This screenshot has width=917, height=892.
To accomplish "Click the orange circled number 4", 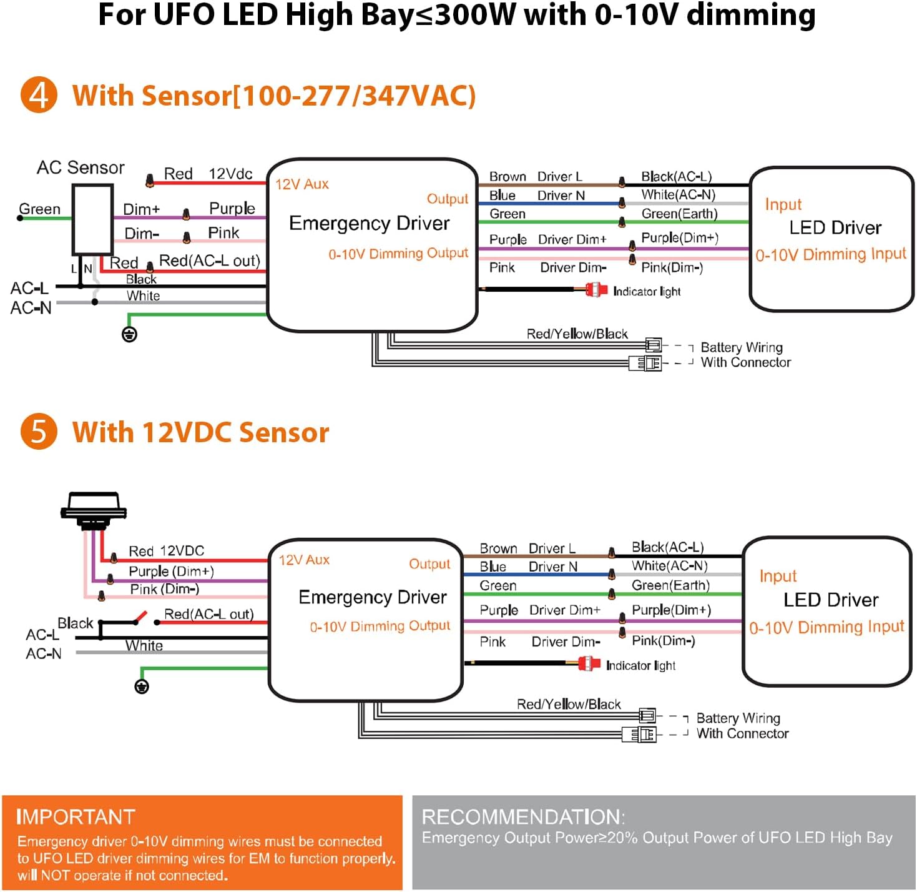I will (39, 95).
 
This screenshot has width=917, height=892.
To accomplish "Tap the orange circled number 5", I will (39, 432).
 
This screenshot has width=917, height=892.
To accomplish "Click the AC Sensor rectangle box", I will (92, 219).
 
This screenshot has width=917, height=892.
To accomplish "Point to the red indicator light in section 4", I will (596, 290).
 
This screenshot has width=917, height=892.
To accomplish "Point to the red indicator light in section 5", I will (589, 664).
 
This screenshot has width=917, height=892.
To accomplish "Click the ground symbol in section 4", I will (129, 335).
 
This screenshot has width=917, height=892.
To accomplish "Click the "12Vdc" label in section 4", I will (230, 174).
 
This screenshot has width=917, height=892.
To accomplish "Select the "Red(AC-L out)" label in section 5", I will (208, 614).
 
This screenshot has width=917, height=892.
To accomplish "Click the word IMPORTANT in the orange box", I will (76, 817).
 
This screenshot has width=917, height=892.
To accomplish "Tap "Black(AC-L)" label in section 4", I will (676, 177).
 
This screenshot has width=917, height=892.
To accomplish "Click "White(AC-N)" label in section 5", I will (669, 566).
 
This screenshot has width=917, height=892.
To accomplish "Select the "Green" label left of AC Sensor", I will (39, 209).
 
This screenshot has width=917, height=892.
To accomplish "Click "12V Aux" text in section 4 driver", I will (302, 184).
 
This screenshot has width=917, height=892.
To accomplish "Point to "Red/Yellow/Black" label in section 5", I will (569, 705).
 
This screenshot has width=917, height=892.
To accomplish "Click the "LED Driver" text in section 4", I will (835, 228).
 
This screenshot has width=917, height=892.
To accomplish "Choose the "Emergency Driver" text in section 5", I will (373, 598).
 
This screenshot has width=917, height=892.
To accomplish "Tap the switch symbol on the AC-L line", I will (139, 619).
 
